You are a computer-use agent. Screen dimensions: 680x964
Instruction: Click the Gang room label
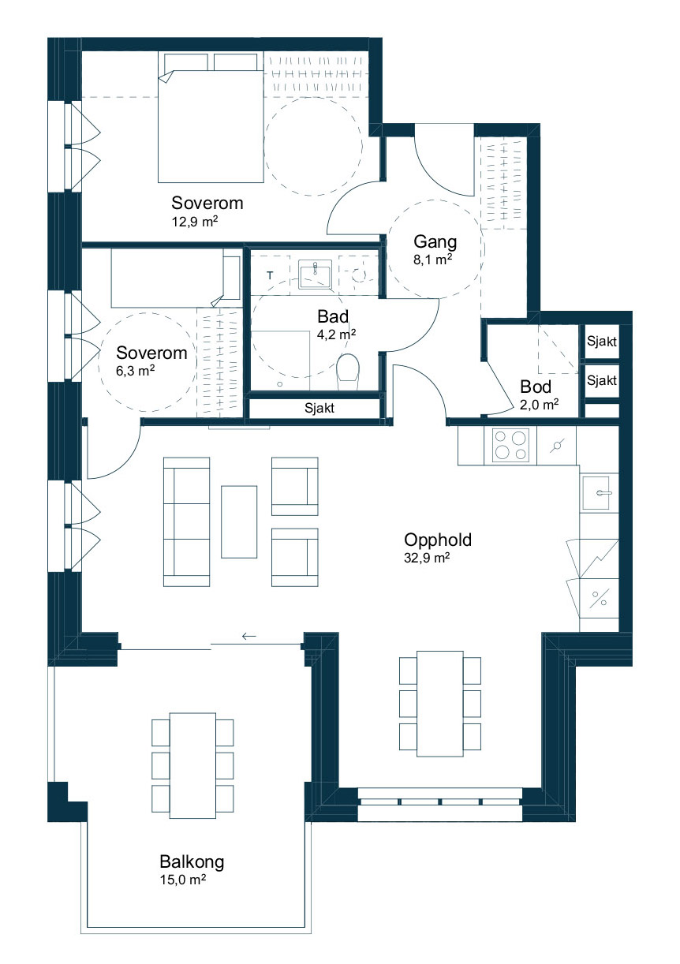[x=435, y=242]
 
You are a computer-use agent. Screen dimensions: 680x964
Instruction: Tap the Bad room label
[x=333, y=317]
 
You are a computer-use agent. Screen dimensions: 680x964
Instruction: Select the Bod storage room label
[x=536, y=387]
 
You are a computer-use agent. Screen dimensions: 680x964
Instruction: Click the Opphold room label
[x=438, y=540]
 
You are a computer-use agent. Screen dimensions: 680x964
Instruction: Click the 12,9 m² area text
[x=195, y=222]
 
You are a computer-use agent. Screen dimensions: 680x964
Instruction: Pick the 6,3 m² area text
[x=135, y=371]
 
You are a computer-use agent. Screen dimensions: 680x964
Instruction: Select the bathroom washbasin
[x=316, y=275]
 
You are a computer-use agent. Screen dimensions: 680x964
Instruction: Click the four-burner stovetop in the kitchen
[x=510, y=445]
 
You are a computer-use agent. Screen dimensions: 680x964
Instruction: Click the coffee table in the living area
[x=239, y=522]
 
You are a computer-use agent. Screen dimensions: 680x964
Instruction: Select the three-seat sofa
[x=186, y=522]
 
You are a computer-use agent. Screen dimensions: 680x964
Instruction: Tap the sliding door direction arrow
[x=248, y=636]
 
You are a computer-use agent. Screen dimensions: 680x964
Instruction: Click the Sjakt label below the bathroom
[x=319, y=408]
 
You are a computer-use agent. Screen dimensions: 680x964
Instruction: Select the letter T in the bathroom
[x=270, y=275]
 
